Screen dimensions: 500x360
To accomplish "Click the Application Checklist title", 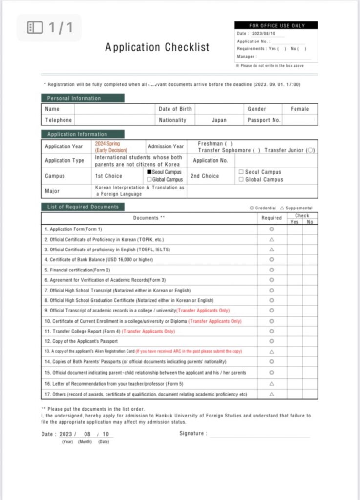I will [157, 47].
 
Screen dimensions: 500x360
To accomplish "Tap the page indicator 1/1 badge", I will [49, 27].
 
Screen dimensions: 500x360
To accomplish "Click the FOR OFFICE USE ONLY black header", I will [276, 25].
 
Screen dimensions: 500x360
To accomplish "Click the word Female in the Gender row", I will [299, 109].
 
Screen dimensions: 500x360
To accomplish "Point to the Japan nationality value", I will [219, 120].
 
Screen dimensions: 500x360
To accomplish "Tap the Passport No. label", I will [264, 120].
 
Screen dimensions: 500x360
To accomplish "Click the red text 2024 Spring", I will [107, 144].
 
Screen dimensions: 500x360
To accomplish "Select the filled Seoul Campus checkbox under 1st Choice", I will [149, 172].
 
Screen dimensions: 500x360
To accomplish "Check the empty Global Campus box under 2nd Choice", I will [241, 180].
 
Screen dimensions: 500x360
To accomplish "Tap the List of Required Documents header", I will [83, 207].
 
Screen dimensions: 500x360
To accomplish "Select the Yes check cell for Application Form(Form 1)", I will [295, 229].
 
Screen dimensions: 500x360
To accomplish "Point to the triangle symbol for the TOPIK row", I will [272, 240].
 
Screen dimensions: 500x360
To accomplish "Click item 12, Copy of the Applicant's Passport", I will [81, 341].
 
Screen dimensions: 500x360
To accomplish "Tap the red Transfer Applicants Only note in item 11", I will [148, 331].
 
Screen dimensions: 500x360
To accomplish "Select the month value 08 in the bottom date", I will [87, 434].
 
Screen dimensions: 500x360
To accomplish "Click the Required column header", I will [272, 218].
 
